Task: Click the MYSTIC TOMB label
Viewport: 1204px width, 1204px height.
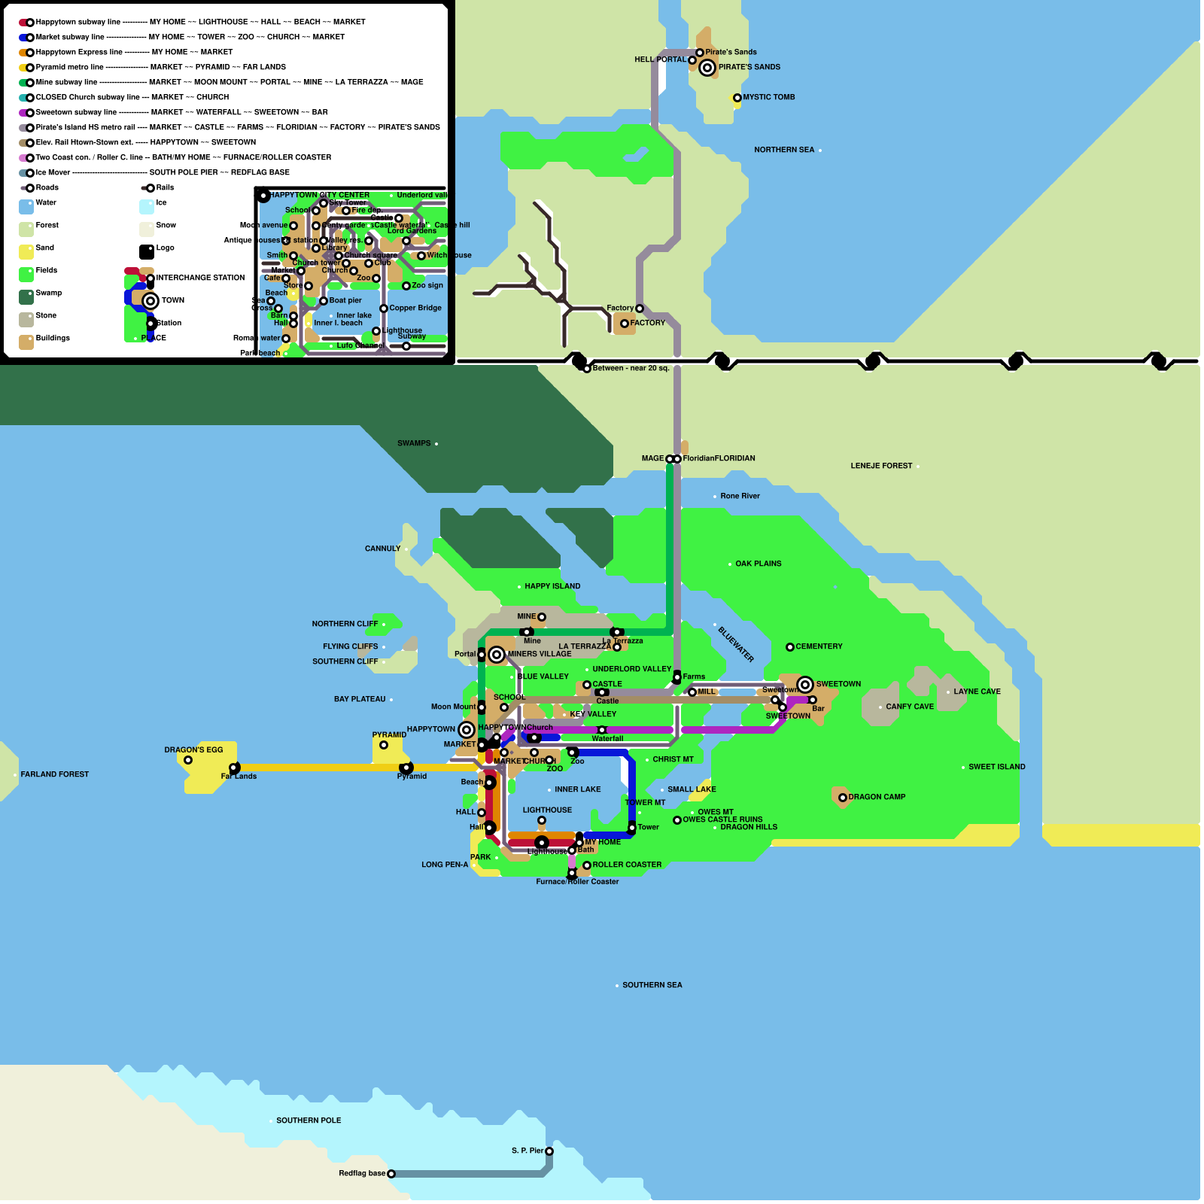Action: click(x=768, y=97)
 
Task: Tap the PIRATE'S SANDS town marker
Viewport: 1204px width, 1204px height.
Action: click(x=707, y=68)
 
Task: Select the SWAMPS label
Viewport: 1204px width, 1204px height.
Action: click(x=414, y=443)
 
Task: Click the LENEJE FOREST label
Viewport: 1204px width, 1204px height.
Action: click(x=881, y=466)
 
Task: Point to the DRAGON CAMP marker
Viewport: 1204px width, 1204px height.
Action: click(x=843, y=798)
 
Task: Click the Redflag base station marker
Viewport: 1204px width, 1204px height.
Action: click(x=391, y=1174)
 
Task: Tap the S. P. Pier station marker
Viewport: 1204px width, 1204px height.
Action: click(x=549, y=1151)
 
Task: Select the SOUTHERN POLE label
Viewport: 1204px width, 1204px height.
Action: click(x=309, y=1120)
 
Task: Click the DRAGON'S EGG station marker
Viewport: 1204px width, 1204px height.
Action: click(x=188, y=760)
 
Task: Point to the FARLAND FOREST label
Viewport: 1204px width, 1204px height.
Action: click(x=54, y=774)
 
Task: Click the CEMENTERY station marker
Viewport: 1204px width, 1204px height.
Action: click(x=790, y=647)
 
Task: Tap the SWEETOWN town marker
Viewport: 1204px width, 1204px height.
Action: click(x=805, y=685)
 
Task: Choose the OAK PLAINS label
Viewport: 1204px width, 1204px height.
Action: click(x=758, y=564)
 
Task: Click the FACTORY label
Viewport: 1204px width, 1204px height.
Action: click(x=647, y=323)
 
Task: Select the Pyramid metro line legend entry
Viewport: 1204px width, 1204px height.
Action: click(x=70, y=68)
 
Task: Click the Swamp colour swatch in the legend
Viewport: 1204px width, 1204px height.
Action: click(x=26, y=297)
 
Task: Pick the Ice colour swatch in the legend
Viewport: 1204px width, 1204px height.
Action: click(x=147, y=207)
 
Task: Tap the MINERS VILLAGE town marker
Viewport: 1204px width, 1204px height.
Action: click(x=497, y=655)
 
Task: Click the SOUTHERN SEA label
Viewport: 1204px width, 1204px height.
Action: click(x=652, y=985)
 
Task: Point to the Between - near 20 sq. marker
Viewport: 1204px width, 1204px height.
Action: click(x=587, y=369)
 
